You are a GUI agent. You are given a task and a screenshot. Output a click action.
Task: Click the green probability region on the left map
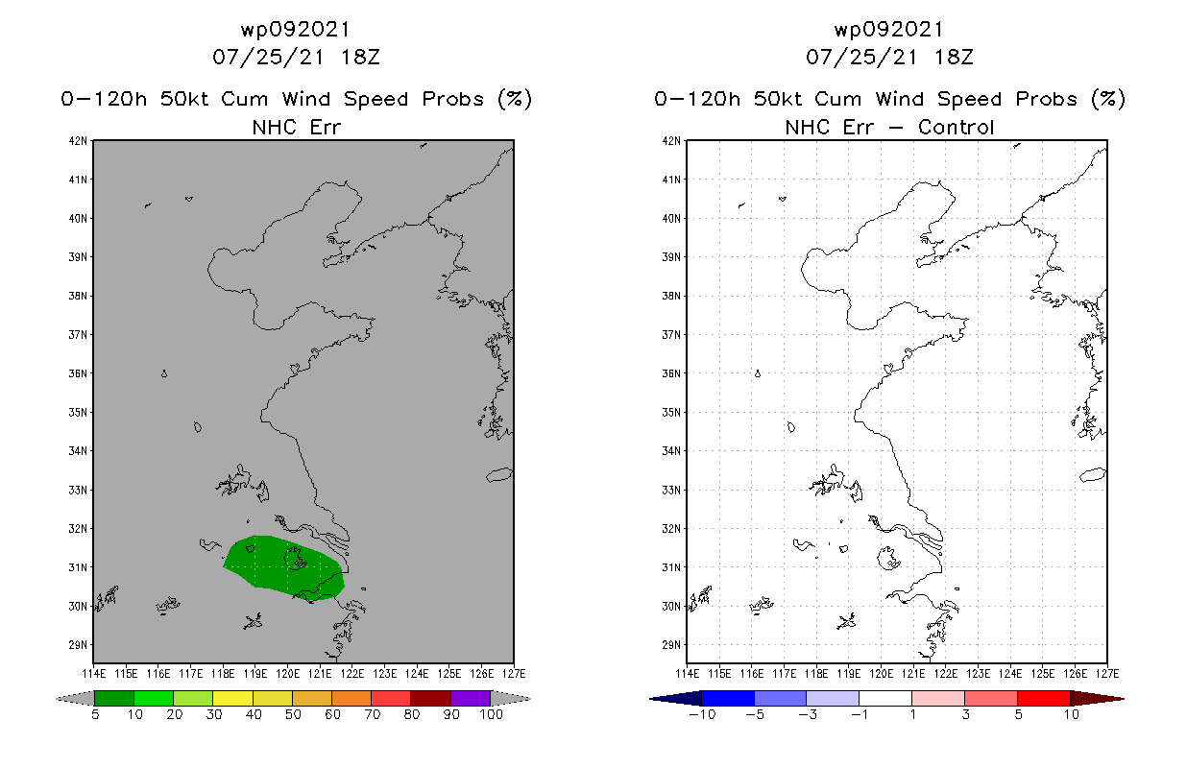coord(283,567)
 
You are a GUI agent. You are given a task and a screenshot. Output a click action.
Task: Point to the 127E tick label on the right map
coord(1107,672)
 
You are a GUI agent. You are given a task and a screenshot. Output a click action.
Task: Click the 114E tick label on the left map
coord(93,672)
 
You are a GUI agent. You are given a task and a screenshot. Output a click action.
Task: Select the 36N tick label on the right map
coord(672,373)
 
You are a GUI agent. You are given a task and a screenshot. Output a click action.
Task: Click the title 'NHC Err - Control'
coord(889,127)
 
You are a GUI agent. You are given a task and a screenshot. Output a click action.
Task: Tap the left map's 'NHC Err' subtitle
coord(296,127)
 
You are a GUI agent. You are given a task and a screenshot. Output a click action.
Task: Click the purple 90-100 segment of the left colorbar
coord(471,698)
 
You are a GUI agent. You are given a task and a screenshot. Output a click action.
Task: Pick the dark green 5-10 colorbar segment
coord(114,698)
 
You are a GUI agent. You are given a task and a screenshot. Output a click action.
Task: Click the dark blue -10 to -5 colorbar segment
coord(728,698)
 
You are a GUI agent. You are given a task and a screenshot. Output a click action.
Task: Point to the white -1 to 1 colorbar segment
coord(884,698)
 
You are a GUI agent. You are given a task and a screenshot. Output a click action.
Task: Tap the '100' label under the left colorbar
coord(491,714)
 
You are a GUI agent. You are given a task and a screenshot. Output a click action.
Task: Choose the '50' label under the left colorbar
coord(293,714)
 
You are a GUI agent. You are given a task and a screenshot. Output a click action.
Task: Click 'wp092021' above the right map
coord(889,30)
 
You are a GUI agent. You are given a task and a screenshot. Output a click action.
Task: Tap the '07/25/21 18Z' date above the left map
coord(296,57)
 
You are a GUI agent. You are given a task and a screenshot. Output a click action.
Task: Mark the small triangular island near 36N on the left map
coord(164,373)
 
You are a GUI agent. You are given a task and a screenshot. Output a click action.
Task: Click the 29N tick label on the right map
coord(672,645)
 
